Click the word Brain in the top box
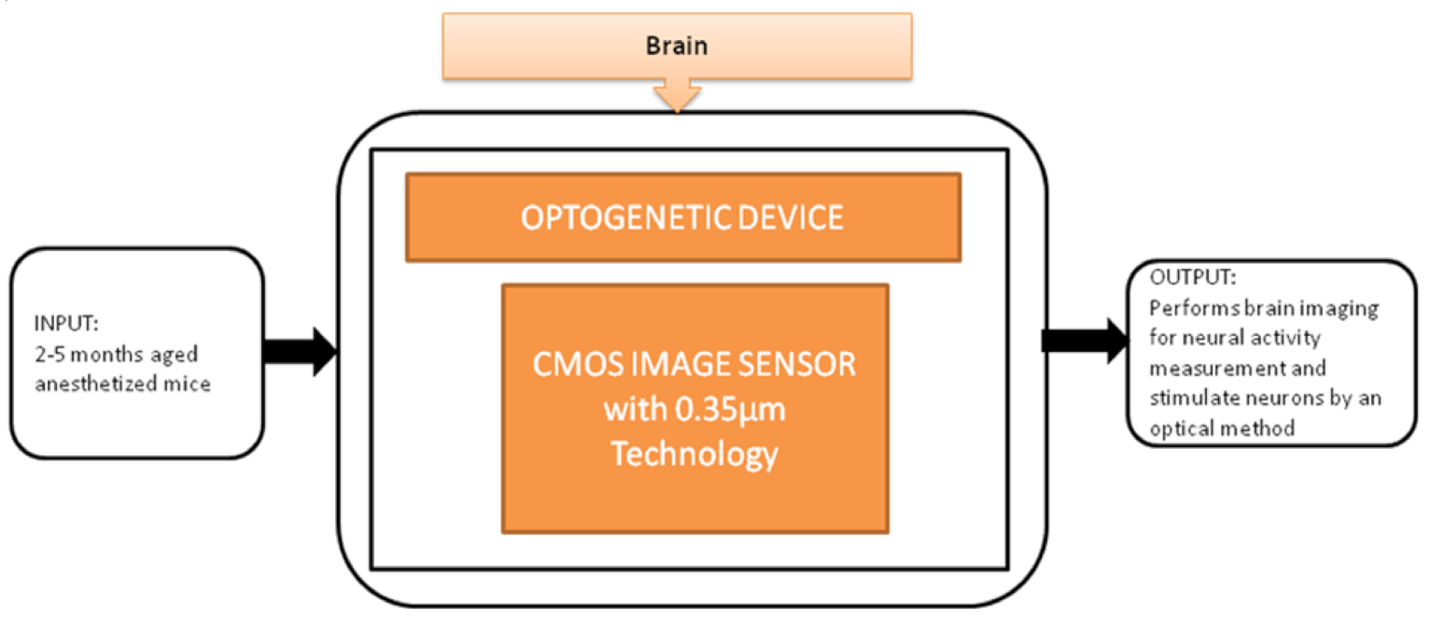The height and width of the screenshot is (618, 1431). click(677, 46)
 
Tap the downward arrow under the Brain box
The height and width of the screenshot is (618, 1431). click(678, 94)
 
